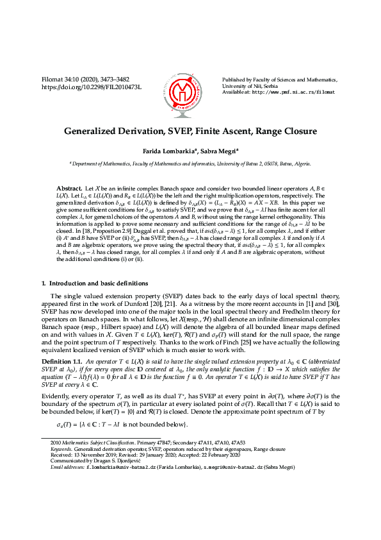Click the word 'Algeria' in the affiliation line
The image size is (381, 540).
[x=301, y=164]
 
